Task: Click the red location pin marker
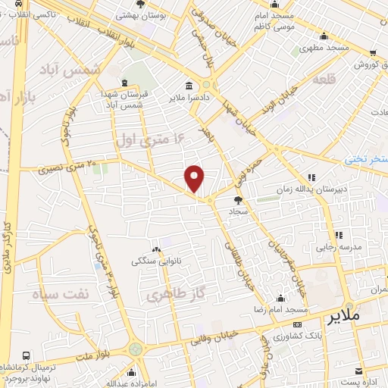point(195,177)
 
